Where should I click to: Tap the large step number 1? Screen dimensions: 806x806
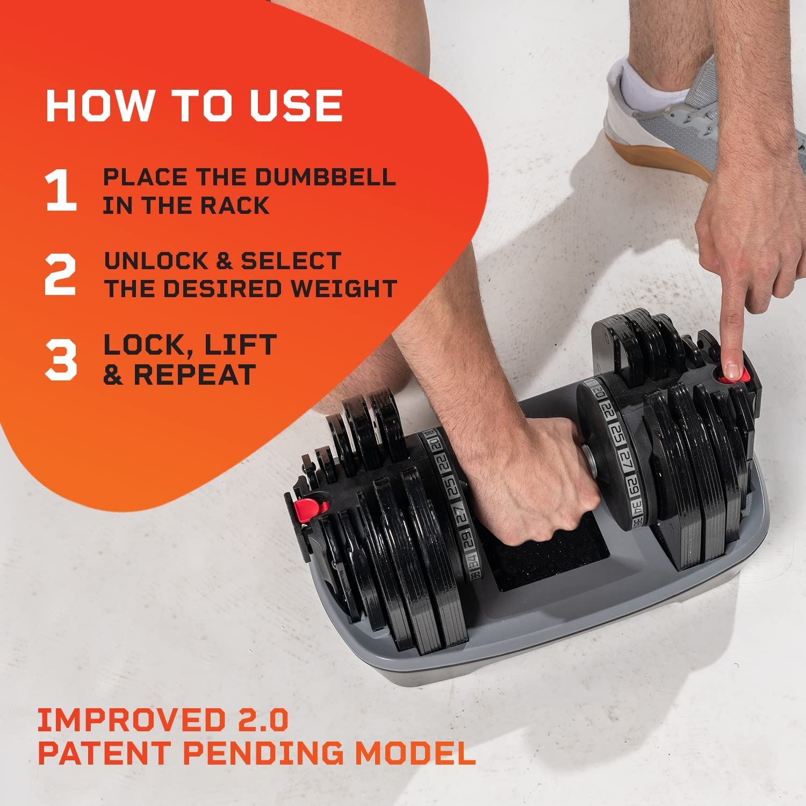pos(61,191)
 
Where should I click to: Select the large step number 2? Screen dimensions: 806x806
pos(60,275)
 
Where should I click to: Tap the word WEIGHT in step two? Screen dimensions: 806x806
pos(343,289)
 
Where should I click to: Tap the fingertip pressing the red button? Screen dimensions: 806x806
pos(732,369)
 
